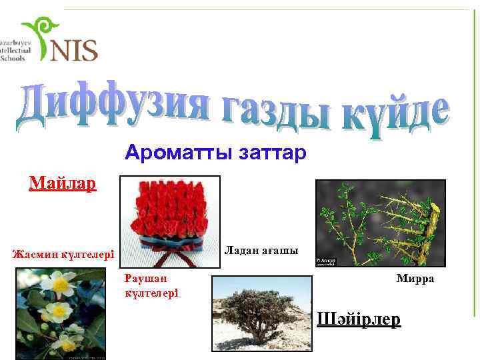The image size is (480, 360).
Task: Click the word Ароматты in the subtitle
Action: [171, 154]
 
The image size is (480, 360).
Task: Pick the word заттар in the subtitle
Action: [271, 154]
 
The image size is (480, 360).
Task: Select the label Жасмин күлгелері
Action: [64, 254]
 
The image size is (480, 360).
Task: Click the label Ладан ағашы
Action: [261, 250]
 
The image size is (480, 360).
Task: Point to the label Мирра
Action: [415, 278]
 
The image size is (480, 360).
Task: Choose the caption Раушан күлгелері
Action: [151, 285]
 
